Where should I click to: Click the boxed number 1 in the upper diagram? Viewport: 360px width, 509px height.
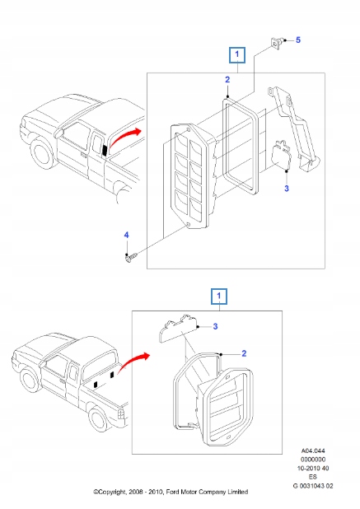(237, 55)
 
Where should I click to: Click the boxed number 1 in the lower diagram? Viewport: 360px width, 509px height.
(218, 295)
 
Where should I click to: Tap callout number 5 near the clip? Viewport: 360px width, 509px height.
(298, 40)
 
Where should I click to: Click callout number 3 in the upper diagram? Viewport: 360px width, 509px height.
(286, 189)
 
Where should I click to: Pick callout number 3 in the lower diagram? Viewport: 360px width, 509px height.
(217, 327)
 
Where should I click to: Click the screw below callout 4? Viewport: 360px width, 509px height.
(129, 259)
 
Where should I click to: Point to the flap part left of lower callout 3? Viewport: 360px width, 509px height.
(177, 329)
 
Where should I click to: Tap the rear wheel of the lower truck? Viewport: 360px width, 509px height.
(102, 421)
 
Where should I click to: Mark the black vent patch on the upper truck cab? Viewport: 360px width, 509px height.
(105, 147)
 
